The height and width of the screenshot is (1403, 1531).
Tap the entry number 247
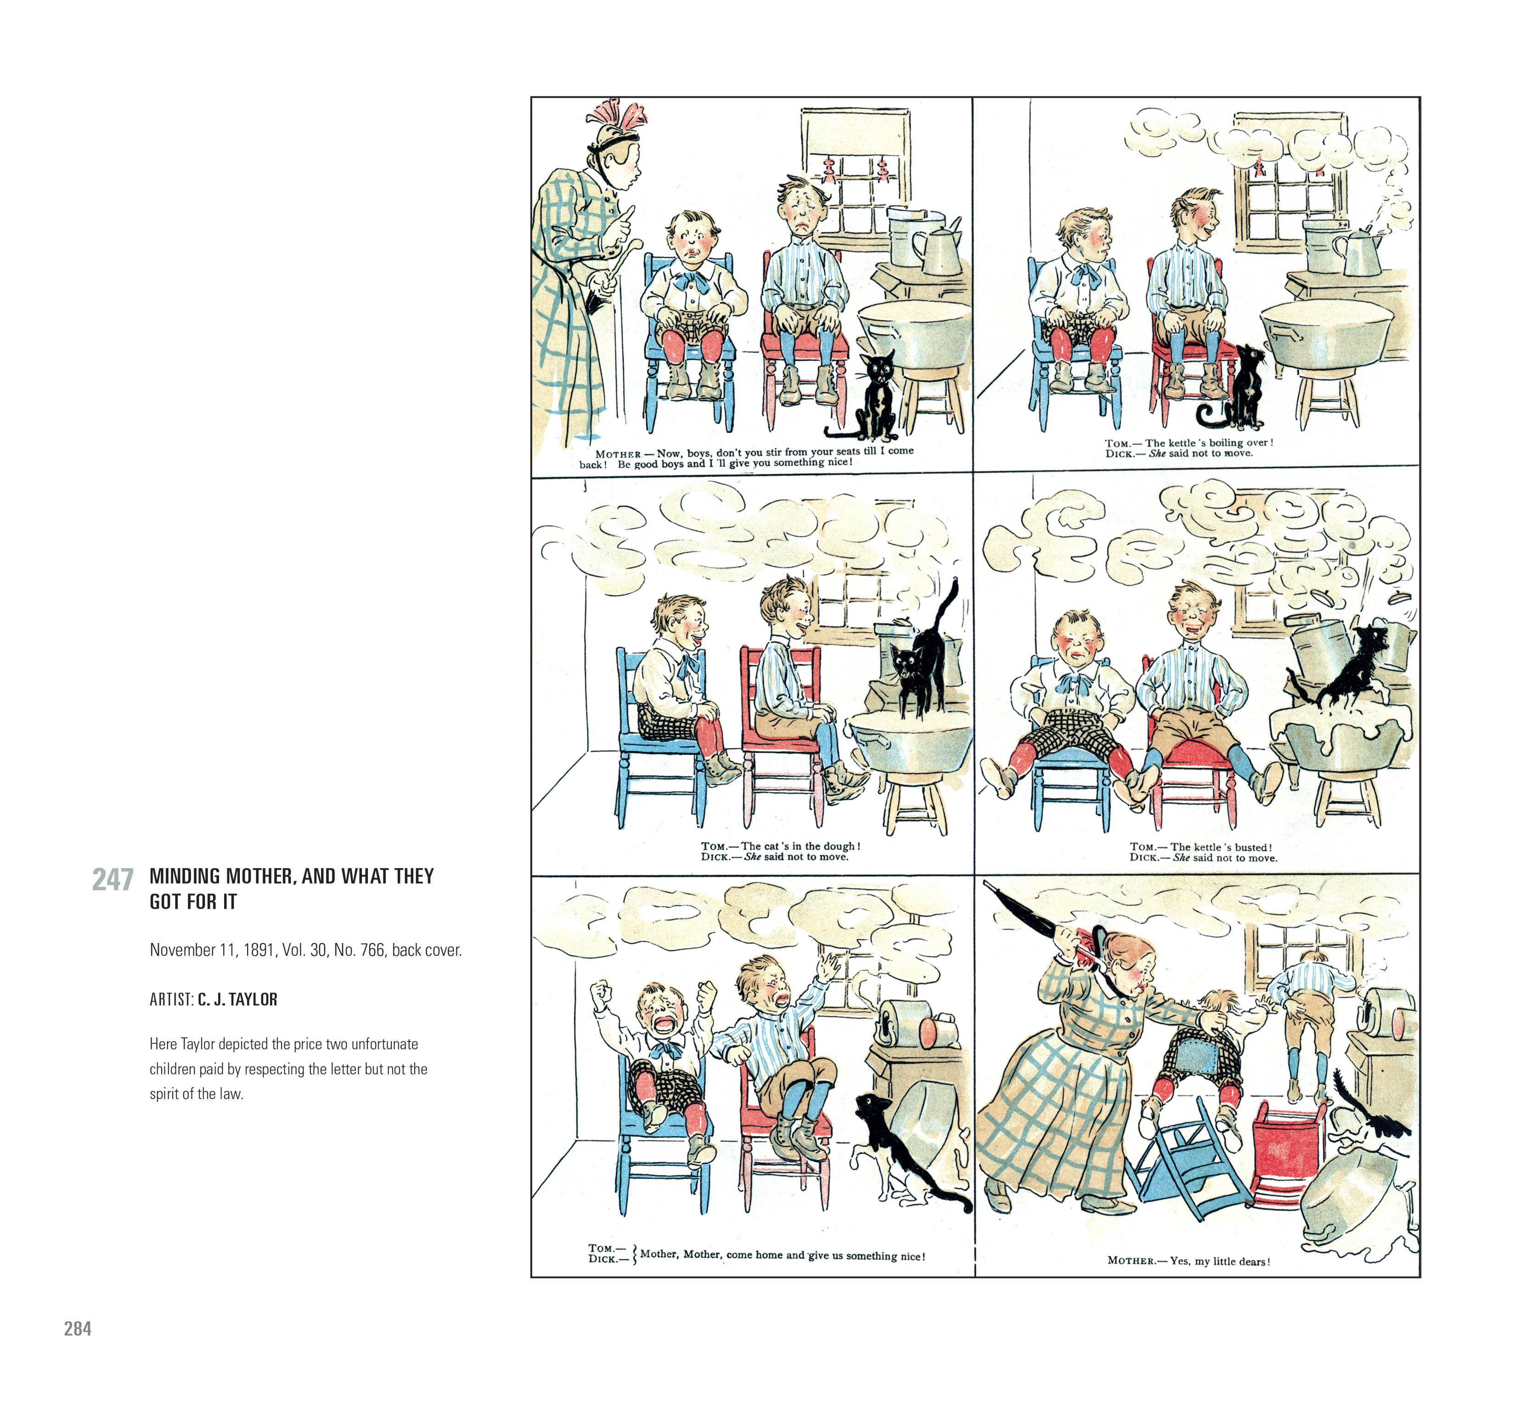pos(113,880)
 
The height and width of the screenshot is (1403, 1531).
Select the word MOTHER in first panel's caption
pos(618,454)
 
